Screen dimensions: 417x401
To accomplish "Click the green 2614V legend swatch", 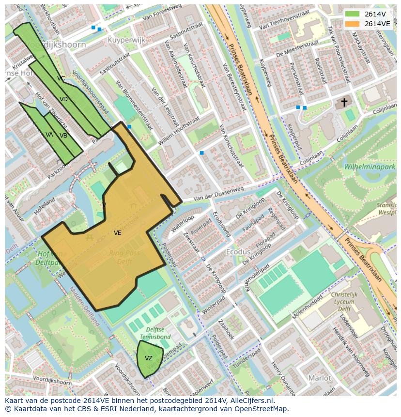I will pos(353,14).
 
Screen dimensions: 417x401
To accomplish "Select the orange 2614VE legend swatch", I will pos(353,23).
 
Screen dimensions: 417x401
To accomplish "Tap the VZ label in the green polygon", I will pos(149,358).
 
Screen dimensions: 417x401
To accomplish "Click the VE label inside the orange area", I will pos(117,233).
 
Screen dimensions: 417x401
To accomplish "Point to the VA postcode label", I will pos(49,135).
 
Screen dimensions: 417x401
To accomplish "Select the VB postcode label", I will pos(63,136).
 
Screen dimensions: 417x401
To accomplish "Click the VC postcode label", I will pos(61,78).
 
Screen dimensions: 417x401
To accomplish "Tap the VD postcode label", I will pos(63,99).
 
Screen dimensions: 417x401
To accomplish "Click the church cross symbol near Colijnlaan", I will pos(344,102).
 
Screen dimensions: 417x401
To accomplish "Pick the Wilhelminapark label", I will pos(370,167).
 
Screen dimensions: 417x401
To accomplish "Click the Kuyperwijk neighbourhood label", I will pos(126,40).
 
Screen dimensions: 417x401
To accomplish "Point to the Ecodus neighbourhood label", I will pos(238,252).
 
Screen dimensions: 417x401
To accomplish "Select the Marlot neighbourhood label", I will pos(320,378).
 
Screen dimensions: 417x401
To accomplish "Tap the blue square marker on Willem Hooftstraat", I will pos(201,153).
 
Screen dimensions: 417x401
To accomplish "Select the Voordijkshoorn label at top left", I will pos(56,45).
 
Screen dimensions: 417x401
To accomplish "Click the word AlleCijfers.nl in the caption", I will pos(252,401).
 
